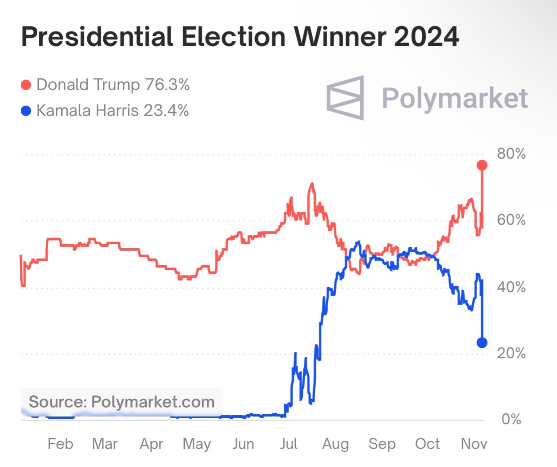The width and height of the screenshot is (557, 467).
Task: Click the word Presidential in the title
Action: tap(97, 37)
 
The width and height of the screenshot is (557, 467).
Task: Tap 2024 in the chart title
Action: tap(426, 37)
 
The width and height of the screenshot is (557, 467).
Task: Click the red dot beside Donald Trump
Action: tap(26, 85)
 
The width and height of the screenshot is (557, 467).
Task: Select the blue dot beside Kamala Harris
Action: tap(26, 111)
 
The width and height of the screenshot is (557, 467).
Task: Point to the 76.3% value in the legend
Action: tap(167, 85)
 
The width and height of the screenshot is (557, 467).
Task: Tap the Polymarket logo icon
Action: tap(345, 98)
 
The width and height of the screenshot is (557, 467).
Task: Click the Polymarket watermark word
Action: tap(455, 98)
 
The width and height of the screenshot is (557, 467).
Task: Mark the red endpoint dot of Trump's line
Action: tap(482, 165)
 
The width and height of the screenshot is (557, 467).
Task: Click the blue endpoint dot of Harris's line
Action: tap(482, 343)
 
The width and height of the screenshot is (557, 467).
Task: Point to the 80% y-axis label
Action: tap(511, 154)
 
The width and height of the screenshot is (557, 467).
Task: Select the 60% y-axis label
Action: tap(511, 220)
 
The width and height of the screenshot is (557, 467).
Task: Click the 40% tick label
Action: tap(511, 287)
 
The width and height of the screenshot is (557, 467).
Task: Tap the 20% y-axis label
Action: tap(511, 353)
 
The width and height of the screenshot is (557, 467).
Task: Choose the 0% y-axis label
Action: tap(511, 419)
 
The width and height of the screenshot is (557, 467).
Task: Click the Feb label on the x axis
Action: tap(60, 444)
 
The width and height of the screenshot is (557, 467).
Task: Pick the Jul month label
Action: tap(288, 444)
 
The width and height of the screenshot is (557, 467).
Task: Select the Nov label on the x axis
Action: tap(474, 444)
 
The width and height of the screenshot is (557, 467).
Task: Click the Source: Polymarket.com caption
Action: tap(121, 402)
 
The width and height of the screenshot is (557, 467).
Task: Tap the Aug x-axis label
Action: tap(335, 444)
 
